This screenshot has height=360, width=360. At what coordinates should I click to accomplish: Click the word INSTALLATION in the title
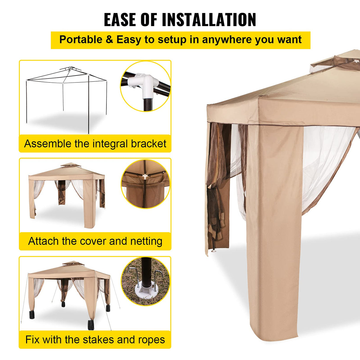pyautogui.click(x=209, y=20)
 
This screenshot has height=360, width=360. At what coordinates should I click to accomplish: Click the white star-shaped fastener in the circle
pyautogui.click(x=145, y=177)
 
